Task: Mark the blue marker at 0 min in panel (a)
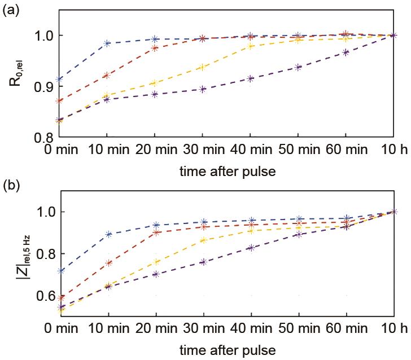click(x=60, y=79)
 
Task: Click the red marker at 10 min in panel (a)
click(x=108, y=75)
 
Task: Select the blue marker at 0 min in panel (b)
click(x=60, y=271)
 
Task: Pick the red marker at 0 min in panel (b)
click(x=60, y=297)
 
